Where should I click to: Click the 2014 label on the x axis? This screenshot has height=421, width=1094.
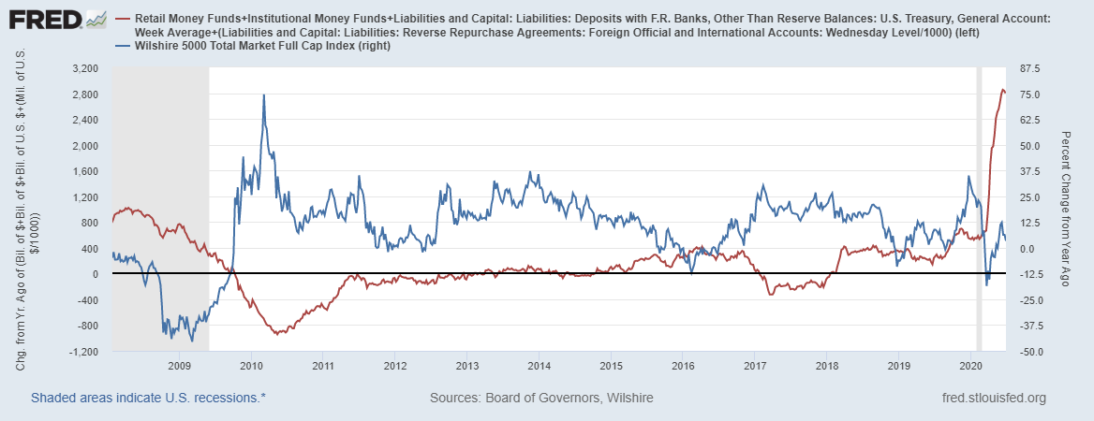pos(538,365)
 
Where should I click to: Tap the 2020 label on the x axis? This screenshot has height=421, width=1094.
pos(970,365)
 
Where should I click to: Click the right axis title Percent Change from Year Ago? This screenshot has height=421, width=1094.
pos(1066,210)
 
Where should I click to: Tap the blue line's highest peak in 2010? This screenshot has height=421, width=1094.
pos(263,94)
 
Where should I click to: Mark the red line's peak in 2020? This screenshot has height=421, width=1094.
pos(1002,90)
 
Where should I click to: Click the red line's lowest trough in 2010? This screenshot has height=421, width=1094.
pos(277,333)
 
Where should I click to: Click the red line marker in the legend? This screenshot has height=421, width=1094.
pos(123,19)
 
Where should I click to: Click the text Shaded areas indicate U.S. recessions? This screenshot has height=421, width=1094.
pos(148,398)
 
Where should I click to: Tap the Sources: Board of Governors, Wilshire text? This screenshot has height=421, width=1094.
pos(541,398)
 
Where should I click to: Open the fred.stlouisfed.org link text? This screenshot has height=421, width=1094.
pos(993,398)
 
